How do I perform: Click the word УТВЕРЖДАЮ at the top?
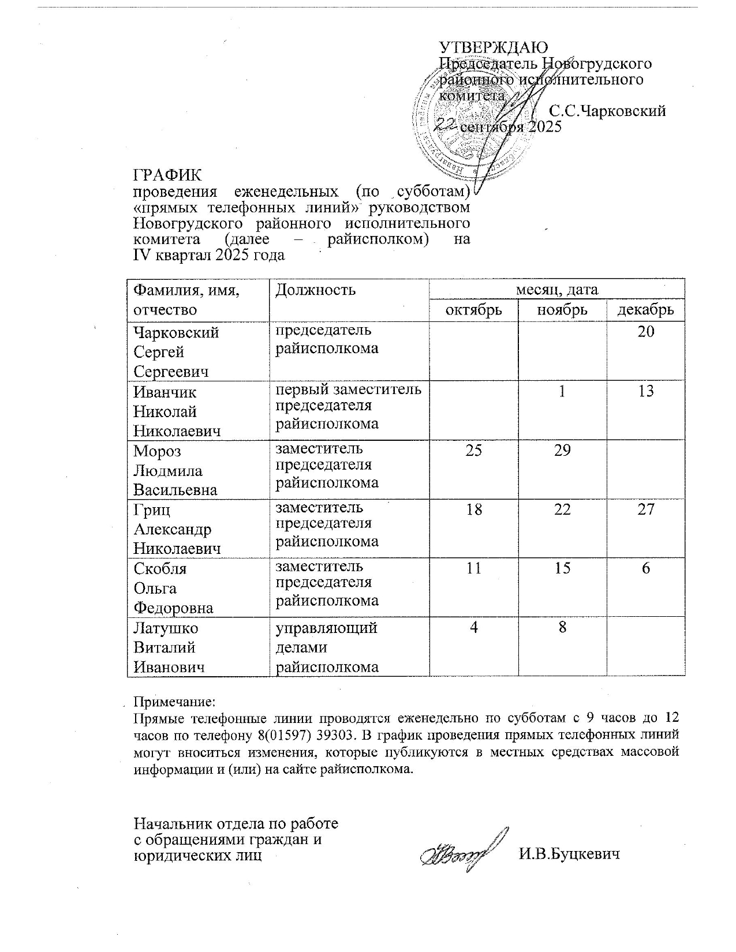[494, 47]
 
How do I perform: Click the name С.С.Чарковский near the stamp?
[607, 111]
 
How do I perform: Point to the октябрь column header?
[473, 310]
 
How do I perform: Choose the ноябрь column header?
[562, 310]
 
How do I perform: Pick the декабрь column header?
[646, 310]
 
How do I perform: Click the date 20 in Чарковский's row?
[646, 332]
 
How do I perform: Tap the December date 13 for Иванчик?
[646, 391]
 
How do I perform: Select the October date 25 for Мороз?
[473, 450]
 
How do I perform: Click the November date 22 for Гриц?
[562, 509]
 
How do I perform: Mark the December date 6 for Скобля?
[646, 568]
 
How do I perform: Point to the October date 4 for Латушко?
[473, 627]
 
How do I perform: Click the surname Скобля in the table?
[160, 568]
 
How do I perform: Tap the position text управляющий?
[326, 628]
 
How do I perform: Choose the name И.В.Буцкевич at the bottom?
[569, 854]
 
